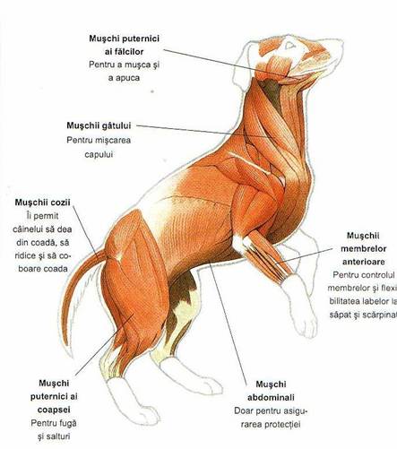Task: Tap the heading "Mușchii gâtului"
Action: [x=99, y=125]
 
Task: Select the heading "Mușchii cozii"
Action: [x=43, y=203]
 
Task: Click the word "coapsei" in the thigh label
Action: [x=54, y=410]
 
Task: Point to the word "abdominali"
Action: [x=271, y=397]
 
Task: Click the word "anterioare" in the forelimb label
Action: [x=364, y=262]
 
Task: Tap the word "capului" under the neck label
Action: [x=99, y=155]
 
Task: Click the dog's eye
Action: [x=289, y=46]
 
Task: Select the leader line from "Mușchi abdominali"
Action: [x=229, y=323]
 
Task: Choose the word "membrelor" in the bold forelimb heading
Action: [x=364, y=248]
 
